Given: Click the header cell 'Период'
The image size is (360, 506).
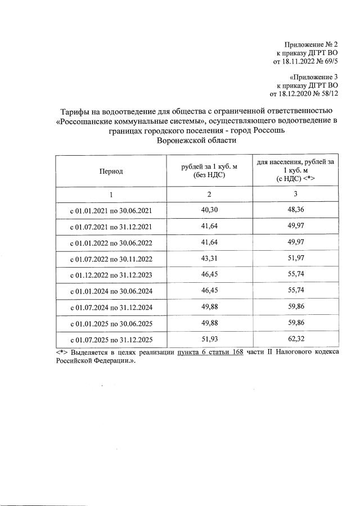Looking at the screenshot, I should [x=111, y=171].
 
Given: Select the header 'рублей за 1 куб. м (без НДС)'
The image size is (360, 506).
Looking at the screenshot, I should [x=209, y=171].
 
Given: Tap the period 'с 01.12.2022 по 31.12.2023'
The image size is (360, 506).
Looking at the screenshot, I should [x=111, y=275].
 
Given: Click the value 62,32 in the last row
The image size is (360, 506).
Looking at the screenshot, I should [x=295, y=340].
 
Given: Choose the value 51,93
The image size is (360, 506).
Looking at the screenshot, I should [x=209, y=340].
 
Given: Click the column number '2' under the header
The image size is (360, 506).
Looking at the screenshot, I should [x=209, y=194].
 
